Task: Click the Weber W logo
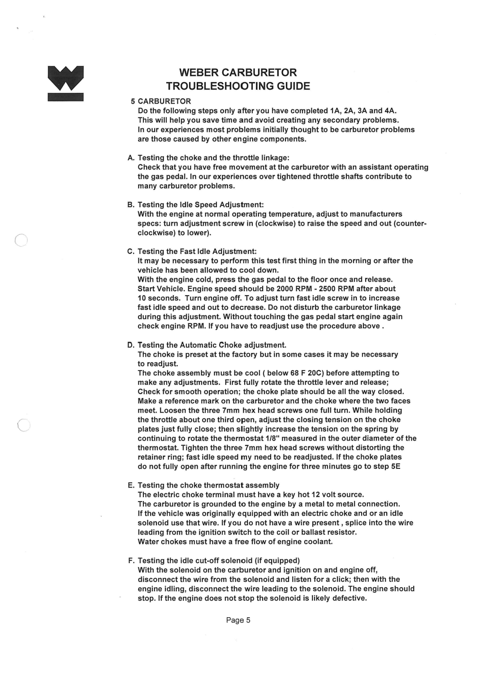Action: (66, 83)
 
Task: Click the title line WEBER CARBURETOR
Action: (238, 73)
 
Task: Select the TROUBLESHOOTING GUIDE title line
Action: (238, 86)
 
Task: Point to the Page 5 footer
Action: (238, 620)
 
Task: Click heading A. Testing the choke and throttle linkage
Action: (208, 158)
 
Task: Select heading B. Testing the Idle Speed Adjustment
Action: (195, 205)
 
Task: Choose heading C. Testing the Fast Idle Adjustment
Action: (192, 251)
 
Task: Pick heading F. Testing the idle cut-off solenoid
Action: (213, 561)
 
